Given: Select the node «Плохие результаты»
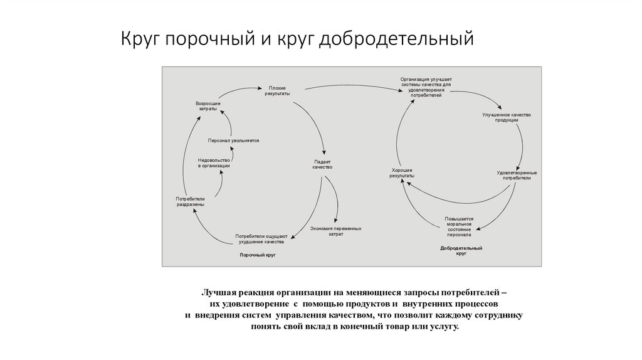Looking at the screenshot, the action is coord(277,90).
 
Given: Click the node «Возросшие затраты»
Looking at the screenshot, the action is coord(208,105).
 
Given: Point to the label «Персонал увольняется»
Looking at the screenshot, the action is coord(233,140).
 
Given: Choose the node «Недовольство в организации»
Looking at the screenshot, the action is coord(214,162).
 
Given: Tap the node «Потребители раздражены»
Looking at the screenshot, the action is coord(190,201).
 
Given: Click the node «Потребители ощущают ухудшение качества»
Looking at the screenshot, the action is coord(260,239).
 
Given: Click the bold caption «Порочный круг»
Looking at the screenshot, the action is coord(258,255).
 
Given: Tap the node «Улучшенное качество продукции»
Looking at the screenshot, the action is coord(507,117).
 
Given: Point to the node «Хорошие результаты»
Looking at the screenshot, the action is coord(402,173).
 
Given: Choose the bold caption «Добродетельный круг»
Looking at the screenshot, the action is coord(461,251).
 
